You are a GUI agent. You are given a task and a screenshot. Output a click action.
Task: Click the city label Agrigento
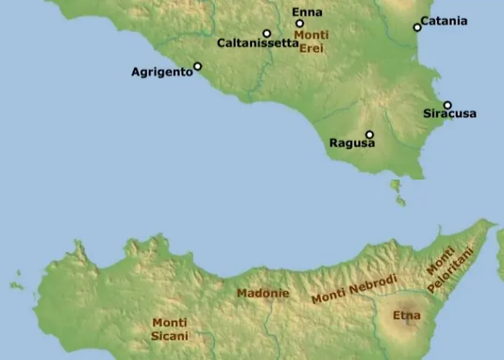162,72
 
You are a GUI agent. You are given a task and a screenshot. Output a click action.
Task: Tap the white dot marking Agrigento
198,66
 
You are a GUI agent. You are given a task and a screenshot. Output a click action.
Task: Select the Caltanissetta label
258,43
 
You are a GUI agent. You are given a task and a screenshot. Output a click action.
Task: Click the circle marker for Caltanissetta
266,33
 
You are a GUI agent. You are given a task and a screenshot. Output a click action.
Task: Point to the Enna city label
307,12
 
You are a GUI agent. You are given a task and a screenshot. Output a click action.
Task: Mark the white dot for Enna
300,23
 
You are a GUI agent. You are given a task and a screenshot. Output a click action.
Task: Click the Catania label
444,21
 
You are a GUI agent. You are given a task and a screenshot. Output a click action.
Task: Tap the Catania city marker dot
417,27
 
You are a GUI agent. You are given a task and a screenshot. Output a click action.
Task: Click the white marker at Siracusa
447,105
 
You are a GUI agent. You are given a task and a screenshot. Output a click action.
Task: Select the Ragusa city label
352,143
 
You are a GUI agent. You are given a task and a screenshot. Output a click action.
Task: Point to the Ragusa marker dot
369,134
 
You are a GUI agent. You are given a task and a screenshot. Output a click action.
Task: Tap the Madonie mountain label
263,294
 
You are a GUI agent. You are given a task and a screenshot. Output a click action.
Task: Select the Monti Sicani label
170,330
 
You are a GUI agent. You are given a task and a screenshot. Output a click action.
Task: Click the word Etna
405,315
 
